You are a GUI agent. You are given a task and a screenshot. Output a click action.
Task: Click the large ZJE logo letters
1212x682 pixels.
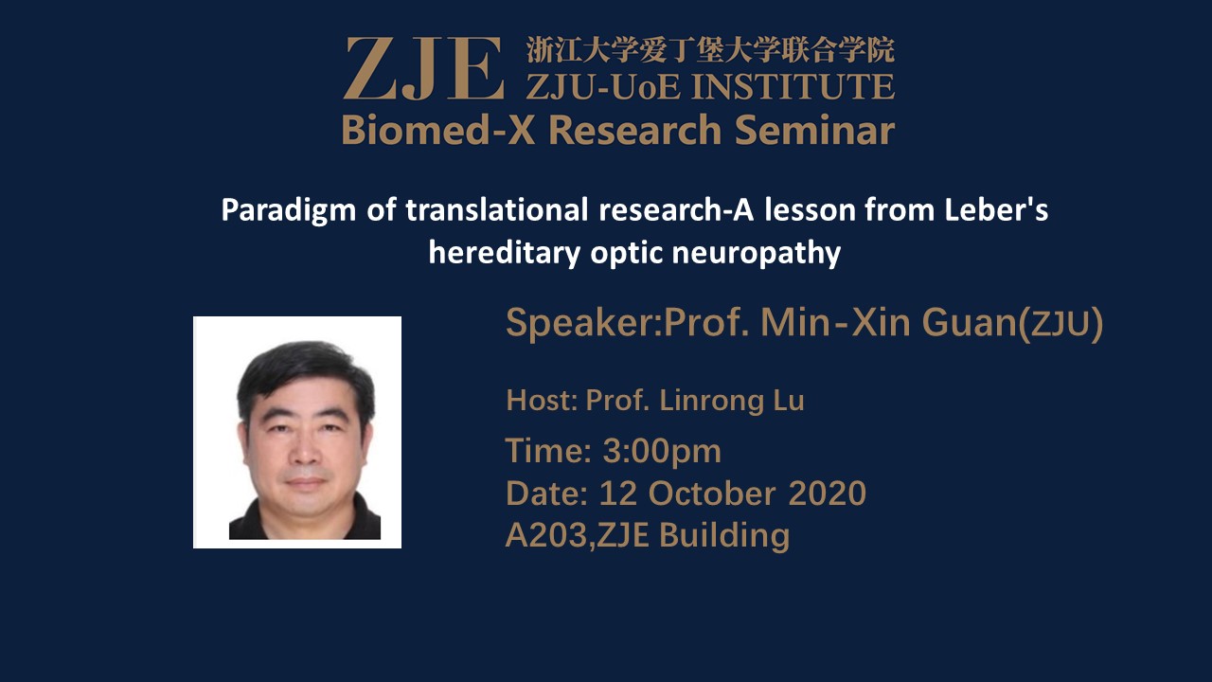(423, 68)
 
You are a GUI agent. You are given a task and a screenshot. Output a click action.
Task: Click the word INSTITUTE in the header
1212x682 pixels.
(793, 86)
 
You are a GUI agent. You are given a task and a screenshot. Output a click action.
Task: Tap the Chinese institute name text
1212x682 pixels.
(710, 50)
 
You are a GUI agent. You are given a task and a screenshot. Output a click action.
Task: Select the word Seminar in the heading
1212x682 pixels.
(815, 131)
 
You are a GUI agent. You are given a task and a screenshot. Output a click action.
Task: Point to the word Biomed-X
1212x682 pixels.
(438, 131)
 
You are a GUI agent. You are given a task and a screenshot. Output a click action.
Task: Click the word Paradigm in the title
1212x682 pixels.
(289, 210)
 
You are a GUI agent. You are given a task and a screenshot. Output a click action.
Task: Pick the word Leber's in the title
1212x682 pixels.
(997, 209)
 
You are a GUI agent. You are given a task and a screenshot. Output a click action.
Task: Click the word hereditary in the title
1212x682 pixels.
(505, 253)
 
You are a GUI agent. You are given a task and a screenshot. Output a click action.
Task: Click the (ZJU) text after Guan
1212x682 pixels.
(1061, 324)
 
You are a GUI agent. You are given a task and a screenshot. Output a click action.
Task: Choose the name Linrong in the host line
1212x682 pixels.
(711, 402)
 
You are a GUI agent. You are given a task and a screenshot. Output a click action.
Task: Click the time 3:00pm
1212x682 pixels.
(662, 452)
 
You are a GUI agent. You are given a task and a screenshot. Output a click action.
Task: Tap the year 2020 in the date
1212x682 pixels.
(828, 494)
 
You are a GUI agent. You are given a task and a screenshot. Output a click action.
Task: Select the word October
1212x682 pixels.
(712, 494)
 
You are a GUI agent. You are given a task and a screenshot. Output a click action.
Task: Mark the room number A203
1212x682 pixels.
(547, 536)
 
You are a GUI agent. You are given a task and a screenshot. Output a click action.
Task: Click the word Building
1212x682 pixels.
(724, 536)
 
